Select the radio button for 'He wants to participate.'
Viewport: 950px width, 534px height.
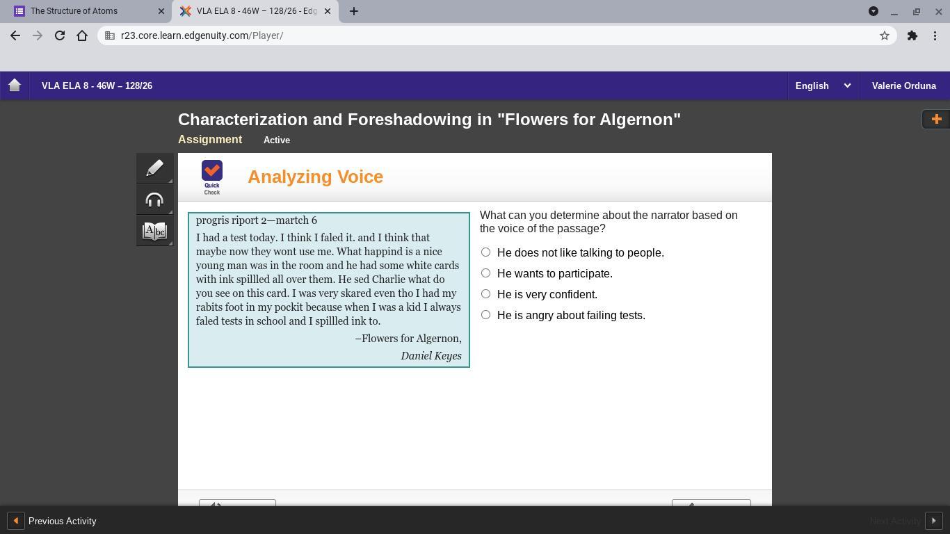[485, 273]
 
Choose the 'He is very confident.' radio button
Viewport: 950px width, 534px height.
[485, 294]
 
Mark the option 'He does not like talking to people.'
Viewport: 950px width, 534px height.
[485, 252]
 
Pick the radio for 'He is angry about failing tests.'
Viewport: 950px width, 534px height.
[485, 315]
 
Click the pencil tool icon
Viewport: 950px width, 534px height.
[155, 168]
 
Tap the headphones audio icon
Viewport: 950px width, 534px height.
[154, 200]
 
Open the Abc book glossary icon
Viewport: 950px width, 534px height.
[154, 231]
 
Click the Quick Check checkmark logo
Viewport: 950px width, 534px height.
[211, 170]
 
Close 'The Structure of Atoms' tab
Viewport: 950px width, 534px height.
[161, 11]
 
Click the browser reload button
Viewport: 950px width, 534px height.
[60, 35]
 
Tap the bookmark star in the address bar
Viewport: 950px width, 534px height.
[884, 35]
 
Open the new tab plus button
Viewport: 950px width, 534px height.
[354, 11]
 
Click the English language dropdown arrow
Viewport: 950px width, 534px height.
[847, 86]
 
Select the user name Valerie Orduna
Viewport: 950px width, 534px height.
[904, 86]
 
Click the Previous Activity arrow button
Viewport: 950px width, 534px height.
[16, 521]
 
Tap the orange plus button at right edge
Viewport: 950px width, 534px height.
[936, 119]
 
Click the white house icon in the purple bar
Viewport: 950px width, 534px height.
[15, 86]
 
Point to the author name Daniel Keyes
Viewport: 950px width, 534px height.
[431, 356]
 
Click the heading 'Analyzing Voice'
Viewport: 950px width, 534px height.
[315, 177]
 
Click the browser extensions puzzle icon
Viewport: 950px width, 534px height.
[912, 35]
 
